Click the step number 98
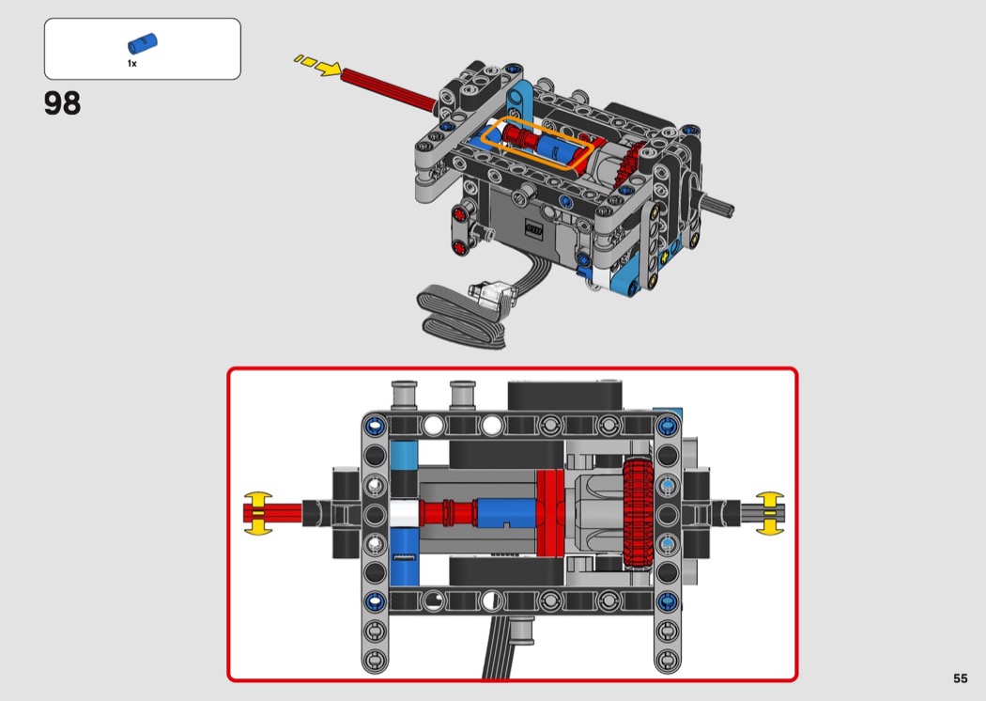[x=62, y=103]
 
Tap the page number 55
[x=961, y=678]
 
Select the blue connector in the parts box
[x=142, y=43]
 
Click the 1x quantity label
[x=132, y=64]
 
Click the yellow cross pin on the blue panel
[x=665, y=257]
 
